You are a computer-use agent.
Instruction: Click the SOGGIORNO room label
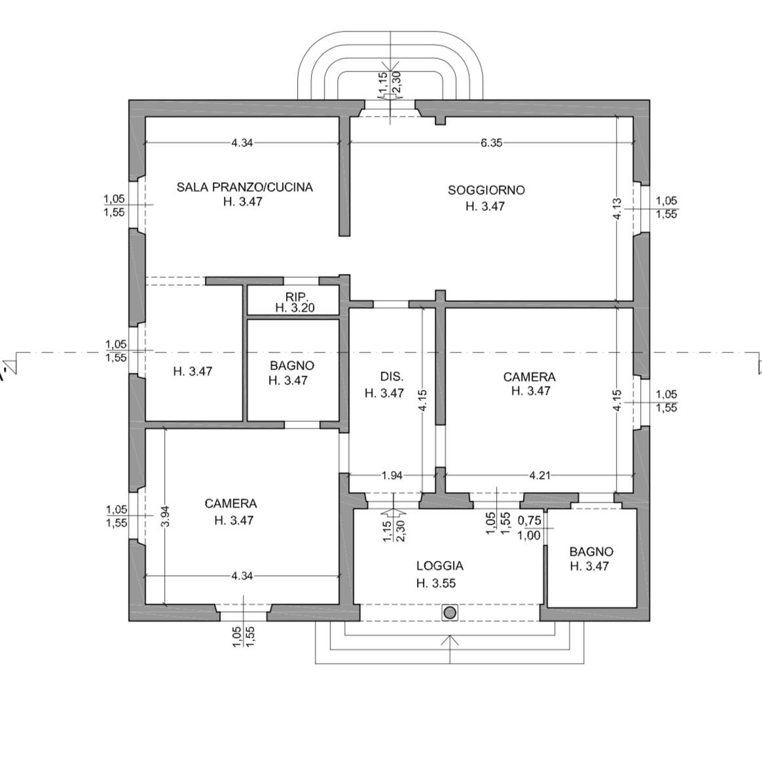coord(486,190)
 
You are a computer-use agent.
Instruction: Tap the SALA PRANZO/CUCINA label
coord(245,187)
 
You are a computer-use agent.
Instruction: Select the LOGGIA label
coord(440,566)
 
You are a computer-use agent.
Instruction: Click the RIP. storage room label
coord(297,297)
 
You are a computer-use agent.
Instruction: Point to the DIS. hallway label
coord(391,377)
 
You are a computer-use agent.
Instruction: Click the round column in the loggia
coord(450,613)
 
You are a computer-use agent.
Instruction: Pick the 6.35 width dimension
coord(491,143)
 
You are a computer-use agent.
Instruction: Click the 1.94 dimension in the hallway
coord(392,476)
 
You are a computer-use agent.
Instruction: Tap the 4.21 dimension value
coord(539,476)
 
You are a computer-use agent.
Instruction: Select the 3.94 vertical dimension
coord(166,516)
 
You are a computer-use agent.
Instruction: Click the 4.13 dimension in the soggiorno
coord(617,208)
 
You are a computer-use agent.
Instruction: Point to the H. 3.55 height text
coord(436,583)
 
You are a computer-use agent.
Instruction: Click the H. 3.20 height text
coord(295,308)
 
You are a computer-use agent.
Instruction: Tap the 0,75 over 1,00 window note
coord(530,528)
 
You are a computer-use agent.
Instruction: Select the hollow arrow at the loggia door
coord(393,515)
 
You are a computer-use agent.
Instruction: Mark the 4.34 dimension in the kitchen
coord(242,143)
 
